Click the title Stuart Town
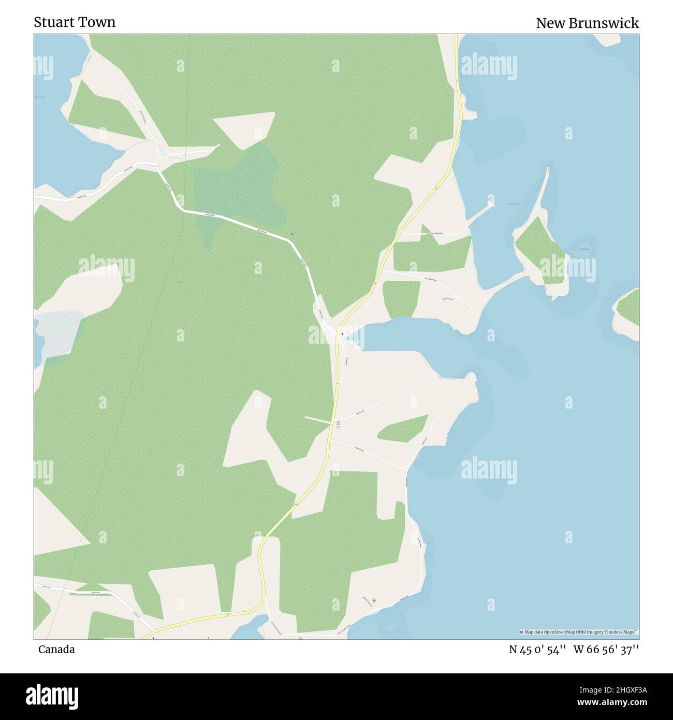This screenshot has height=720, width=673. (x=75, y=22)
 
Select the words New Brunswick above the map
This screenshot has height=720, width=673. (x=587, y=23)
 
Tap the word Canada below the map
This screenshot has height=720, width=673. (x=56, y=650)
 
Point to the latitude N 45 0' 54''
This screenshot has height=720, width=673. (x=538, y=650)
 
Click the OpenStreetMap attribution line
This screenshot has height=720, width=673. (x=579, y=632)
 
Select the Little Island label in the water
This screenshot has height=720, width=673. (x=584, y=249)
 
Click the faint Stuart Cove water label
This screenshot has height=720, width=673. (x=514, y=204)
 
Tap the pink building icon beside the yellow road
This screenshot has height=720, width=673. (x=338, y=424)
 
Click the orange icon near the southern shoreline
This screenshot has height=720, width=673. (x=374, y=600)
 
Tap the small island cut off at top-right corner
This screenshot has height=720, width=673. (x=607, y=39)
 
